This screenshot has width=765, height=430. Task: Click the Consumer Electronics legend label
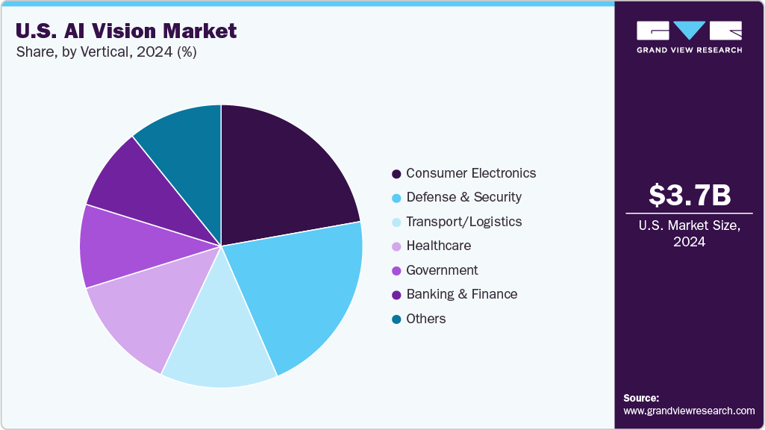click(x=470, y=173)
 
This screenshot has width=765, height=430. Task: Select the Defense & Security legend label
click(x=463, y=197)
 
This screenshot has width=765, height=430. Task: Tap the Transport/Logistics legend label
click(x=463, y=222)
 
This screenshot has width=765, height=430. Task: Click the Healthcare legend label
click(x=438, y=246)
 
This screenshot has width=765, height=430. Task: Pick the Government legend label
click(x=442, y=270)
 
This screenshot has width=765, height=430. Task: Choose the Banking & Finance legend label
click(x=461, y=294)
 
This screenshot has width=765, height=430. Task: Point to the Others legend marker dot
click(x=396, y=320)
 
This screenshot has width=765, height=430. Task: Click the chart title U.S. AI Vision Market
click(x=125, y=31)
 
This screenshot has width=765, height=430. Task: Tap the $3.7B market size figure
click(x=689, y=196)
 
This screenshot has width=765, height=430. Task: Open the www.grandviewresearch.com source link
click(x=689, y=411)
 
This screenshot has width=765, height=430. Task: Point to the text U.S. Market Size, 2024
click(x=689, y=234)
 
